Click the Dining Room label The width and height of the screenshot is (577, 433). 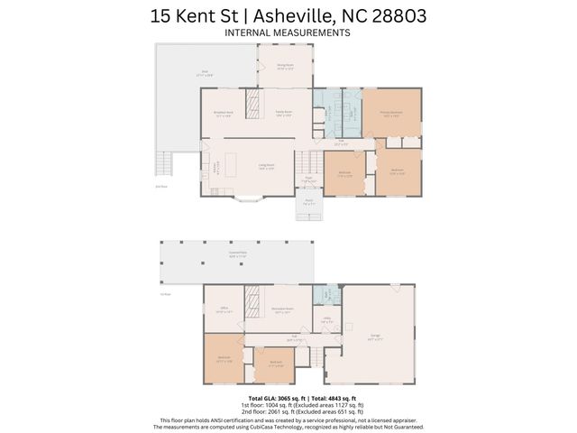click(x=284, y=66)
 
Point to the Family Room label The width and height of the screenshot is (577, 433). click(x=285, y=114)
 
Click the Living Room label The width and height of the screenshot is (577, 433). click(x=267, y=167)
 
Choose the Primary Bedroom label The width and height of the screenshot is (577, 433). click(x=391, y=114)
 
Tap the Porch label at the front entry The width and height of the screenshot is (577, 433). click(x=308, y=203)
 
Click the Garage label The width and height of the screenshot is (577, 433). click(x=373, y=338)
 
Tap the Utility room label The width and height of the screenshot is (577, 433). click(x=327, y=320)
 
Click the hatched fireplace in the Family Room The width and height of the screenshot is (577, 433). click(x=254, y=99)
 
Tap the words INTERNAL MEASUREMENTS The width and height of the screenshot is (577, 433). click(x=288, y=32)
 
